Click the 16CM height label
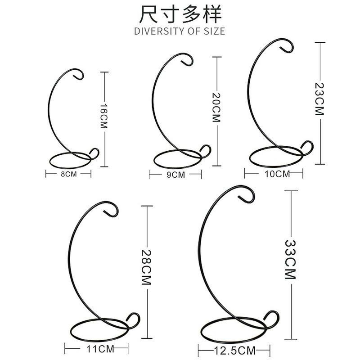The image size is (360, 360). tap(104, 116)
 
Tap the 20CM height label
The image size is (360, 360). tap(216, 107)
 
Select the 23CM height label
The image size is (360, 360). tap(319, 99)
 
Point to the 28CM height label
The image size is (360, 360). tap(146, 267)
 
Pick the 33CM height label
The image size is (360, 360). tap(290, 260)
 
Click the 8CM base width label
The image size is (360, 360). tap(69, 174)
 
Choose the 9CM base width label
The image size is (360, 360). tap(175, 175)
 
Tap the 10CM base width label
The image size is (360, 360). tap(277, 174)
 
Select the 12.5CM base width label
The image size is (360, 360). tap(235, 351)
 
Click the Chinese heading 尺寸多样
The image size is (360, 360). tap(180, 14)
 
